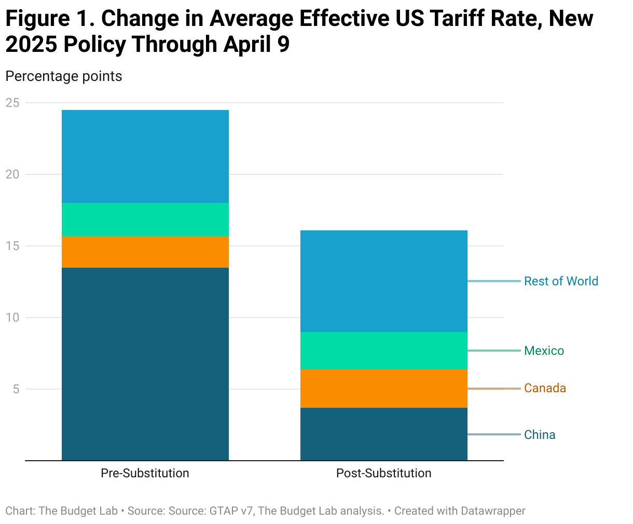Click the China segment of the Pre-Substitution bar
(x=145, y=363)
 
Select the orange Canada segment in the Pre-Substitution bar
(x=145, y=252)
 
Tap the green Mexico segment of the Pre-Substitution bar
(x=145, y=219)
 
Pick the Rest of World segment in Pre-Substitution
(x=145, y=156)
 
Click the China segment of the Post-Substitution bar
(x=384, y=434)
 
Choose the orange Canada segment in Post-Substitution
(x=384, y=388)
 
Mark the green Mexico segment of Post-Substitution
(x=384, y=350)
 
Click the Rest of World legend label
(x=561, y=281)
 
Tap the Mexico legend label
(x=544, y=351)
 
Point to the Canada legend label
(x=545, y=388)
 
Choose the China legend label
(x=540, y=435)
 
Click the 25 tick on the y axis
(x=12, y=103)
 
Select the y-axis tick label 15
(x=12, y=246)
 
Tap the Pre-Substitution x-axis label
(x=145, y=473)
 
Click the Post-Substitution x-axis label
(x=383, y=473)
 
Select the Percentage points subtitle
(x=64, y=76)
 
